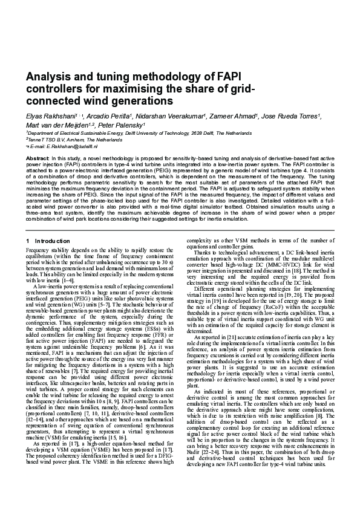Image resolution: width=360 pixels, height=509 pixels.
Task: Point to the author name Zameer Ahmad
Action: [233, 115]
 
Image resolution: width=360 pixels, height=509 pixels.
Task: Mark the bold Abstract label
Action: [37, 158]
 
